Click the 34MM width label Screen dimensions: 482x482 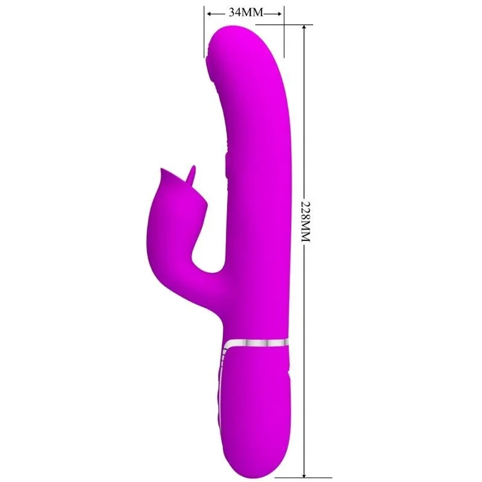(x=245, y=13)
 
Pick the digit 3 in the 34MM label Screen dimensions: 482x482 (x=231, y=13)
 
